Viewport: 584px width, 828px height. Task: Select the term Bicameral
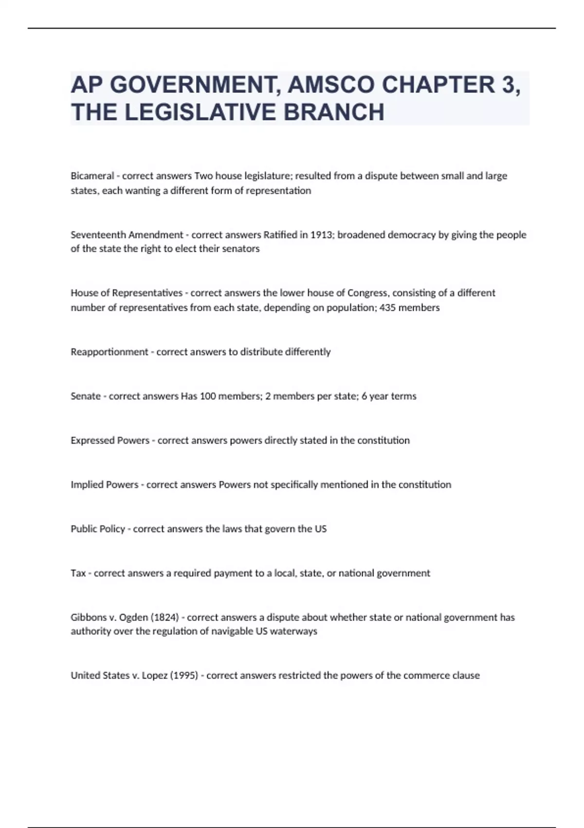tap(92, 176)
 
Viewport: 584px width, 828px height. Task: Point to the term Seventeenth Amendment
tap(127, 235)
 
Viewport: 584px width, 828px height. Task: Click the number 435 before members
tap(388, 307)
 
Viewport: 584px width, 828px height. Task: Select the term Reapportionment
tap(109, 352)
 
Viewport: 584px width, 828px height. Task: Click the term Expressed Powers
tap(110, 440)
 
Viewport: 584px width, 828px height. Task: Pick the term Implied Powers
tap(105, 485)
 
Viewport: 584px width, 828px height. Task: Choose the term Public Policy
tap(98, 529)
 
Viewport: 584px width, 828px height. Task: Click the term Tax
tap(78, 573)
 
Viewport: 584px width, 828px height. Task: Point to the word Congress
tap(367, 293)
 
